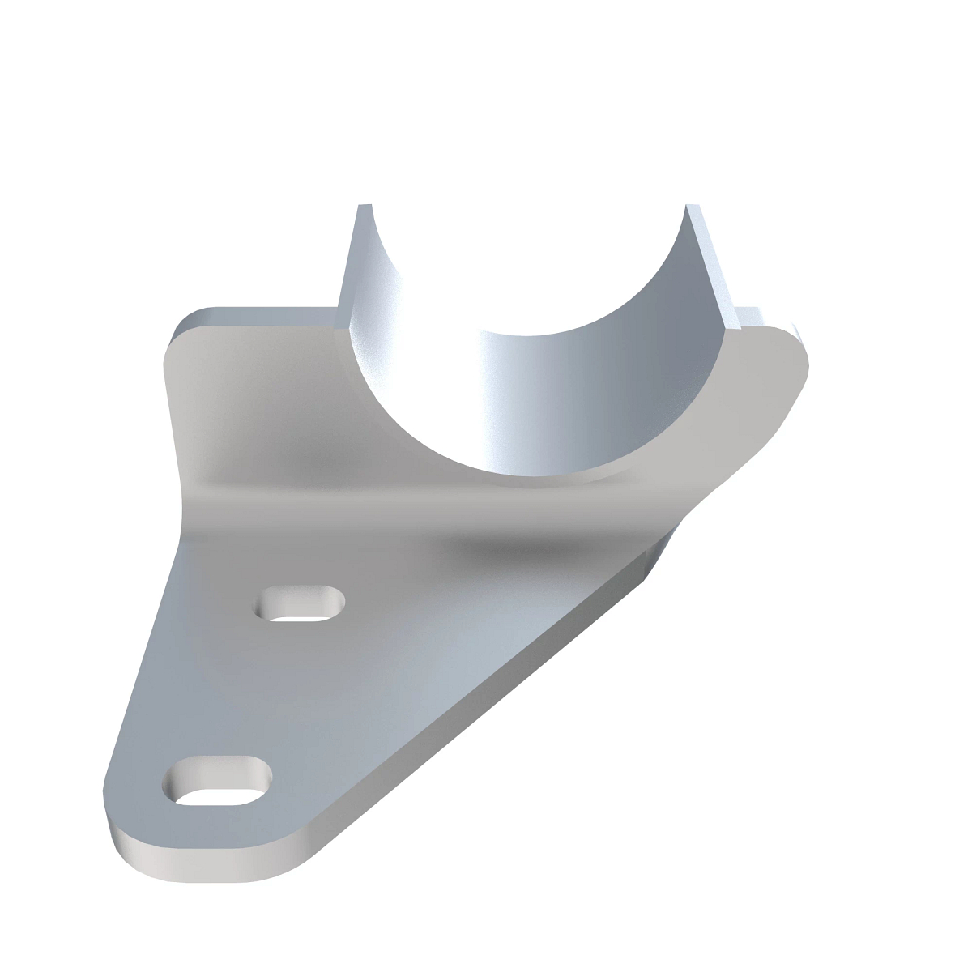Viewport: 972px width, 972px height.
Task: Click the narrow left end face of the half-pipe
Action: pos(351,267)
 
